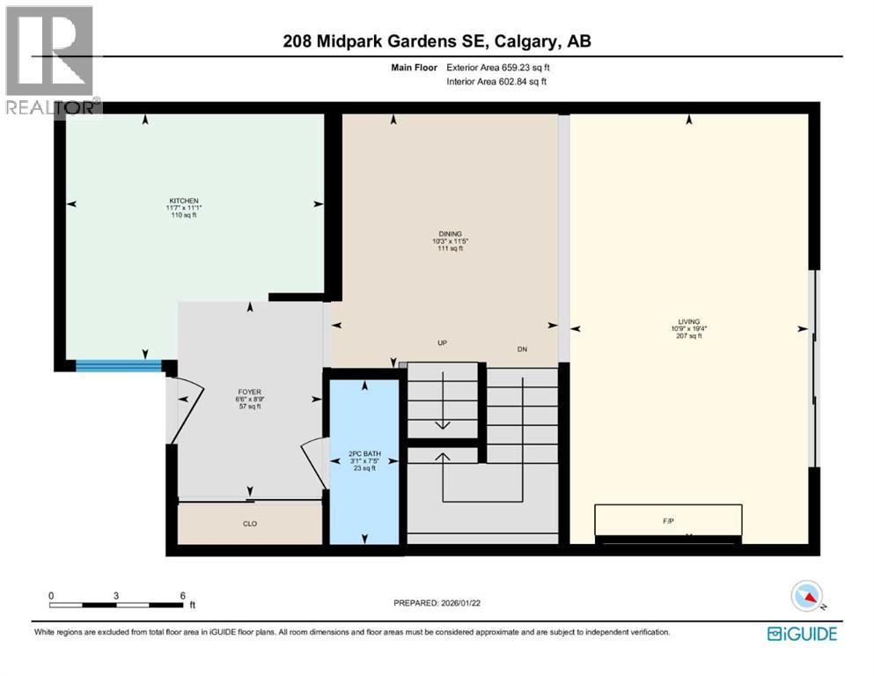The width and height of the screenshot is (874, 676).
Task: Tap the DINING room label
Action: (x=447, y=234)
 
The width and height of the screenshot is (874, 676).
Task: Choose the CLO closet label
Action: (x=250, y=523)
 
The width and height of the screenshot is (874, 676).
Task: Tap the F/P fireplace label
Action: (x=668, y=520)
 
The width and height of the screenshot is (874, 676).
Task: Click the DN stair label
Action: (x=521, y=349)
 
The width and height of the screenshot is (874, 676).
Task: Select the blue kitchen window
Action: (x=118, y=365)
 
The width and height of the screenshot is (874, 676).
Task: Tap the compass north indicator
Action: (x=808, y=598)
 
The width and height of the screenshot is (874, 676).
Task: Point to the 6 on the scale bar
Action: (x=181, y=594)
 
